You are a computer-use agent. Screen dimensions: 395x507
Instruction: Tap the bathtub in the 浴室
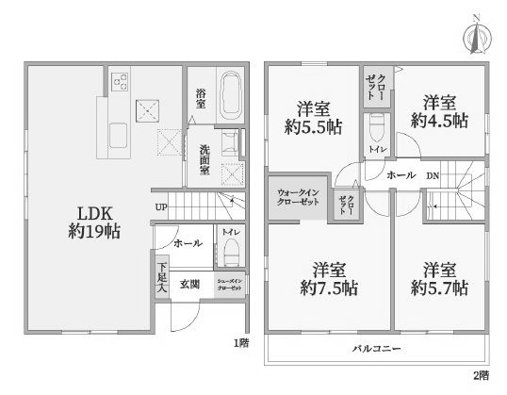point(230,95)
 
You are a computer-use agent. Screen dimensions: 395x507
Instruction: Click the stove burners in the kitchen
point(121,81)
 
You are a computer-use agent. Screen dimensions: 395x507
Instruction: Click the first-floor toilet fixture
point(230,252)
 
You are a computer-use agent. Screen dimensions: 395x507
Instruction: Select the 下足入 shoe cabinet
point(162,278)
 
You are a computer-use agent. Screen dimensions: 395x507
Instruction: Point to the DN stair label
point(433,176)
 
